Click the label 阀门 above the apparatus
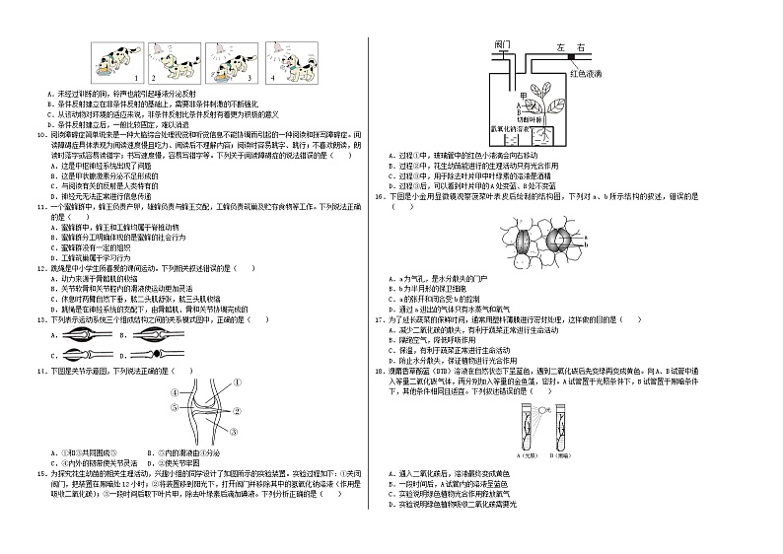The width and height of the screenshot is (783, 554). click(502, 45)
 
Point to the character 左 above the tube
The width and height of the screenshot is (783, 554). click(558, 46)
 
